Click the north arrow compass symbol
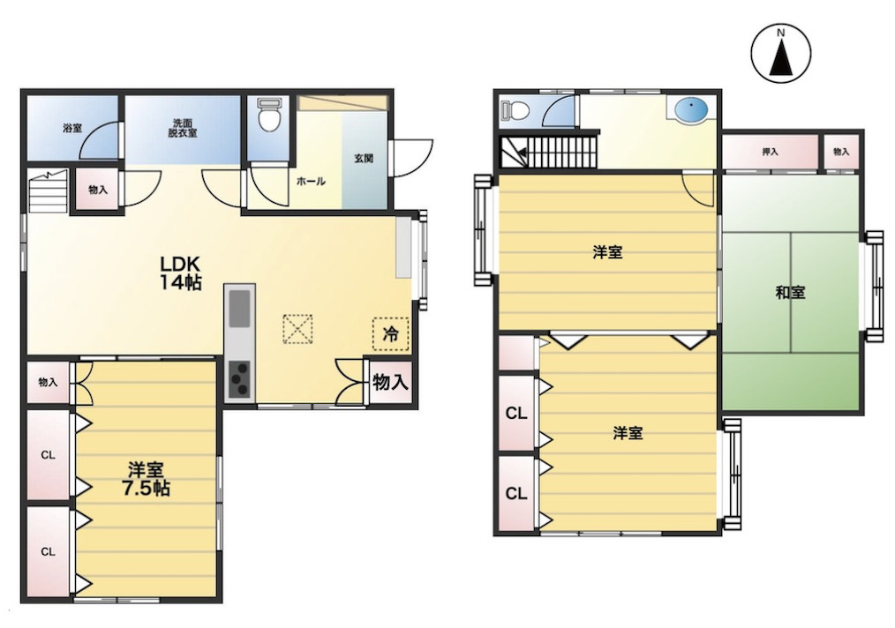(780, 52)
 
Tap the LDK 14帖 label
(180, 273)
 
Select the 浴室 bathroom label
(72, 128)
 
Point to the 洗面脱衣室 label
(182, 129)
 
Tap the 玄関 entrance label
(364, 158)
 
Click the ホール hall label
(311, 182)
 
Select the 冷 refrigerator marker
(391, 333)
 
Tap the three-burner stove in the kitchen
(240, 378)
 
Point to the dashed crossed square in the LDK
(298, 328)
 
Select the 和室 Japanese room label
(790, 293)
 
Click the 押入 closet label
(770, 152)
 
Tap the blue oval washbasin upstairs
(690, 108)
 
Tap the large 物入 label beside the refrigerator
(390, 382)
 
